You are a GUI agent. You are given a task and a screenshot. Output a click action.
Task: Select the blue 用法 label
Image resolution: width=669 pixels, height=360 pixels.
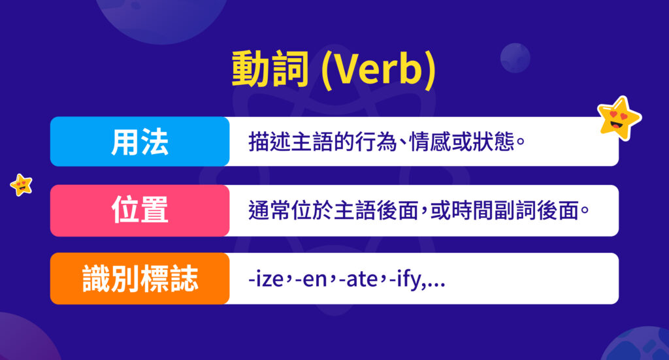coord(139,142)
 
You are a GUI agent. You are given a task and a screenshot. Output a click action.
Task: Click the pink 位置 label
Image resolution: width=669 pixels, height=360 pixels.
coord(139,210)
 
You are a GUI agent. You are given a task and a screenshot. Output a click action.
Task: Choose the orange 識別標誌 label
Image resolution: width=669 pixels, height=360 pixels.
coord(139,279)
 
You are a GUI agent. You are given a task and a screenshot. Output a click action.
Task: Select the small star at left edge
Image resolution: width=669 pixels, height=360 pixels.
coord(22,185)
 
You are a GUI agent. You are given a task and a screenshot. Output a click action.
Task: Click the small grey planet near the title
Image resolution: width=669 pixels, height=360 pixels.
coord(515,57)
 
